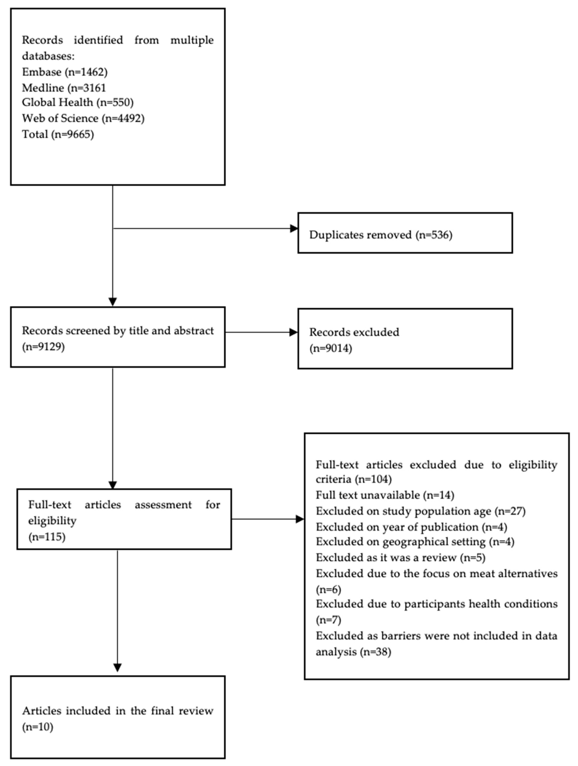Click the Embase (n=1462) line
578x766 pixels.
65,72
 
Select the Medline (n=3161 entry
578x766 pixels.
64,88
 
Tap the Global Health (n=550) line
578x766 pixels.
78,103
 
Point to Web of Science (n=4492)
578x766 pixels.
83,118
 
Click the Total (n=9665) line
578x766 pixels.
58,134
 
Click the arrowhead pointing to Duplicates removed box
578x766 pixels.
294,229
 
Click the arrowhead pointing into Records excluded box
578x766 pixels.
294,332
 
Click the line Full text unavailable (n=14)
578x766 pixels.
385,495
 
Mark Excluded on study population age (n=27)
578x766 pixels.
421,511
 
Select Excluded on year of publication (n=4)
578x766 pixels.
411,527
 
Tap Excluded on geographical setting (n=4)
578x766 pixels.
415,542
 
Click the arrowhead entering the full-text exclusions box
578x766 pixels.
300,519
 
